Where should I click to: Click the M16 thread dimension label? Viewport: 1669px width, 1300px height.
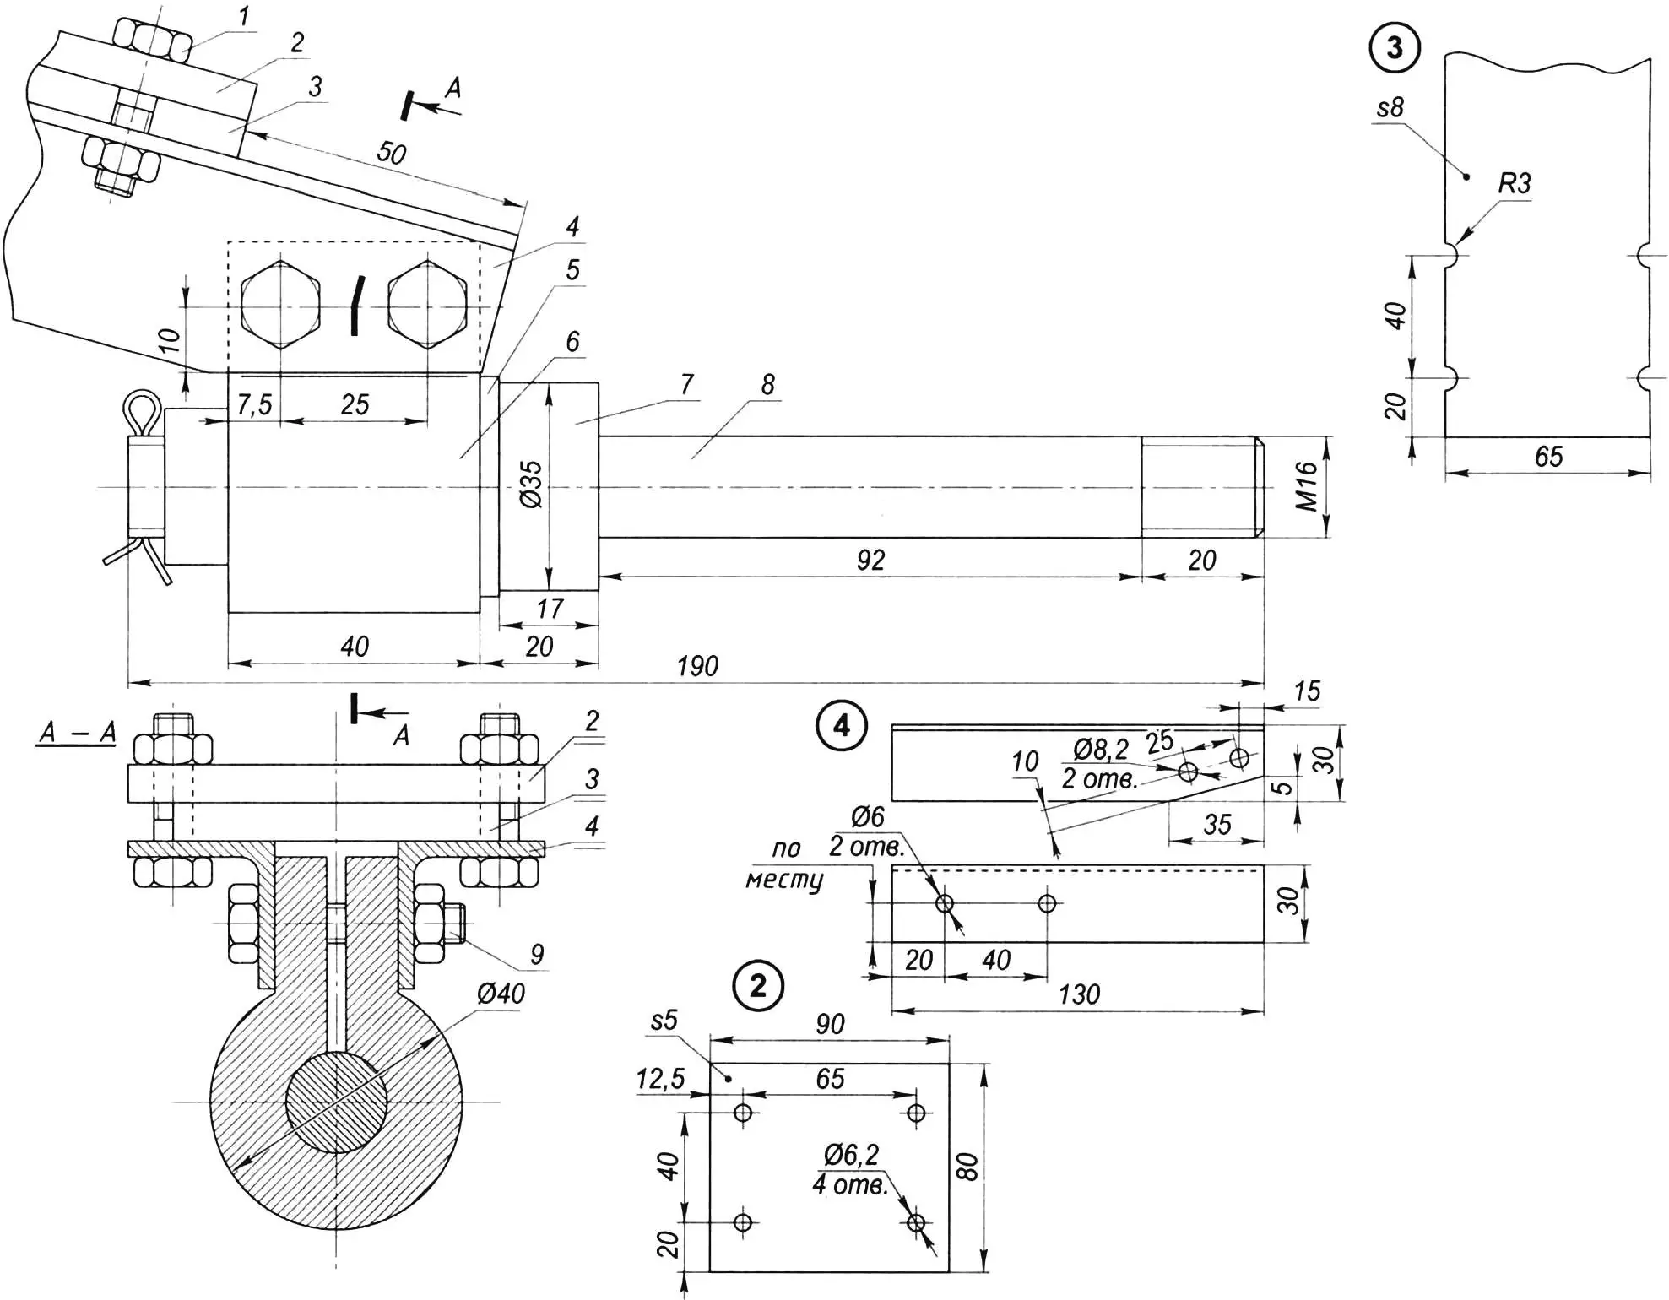[x=1306, y=486]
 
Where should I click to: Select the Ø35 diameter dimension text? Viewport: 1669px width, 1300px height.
[x=531, y=485]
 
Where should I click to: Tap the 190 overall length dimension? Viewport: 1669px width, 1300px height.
[x=697, y=667]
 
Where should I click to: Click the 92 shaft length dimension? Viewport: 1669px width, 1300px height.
[x=870, y=561]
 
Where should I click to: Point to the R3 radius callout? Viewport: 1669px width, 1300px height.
[x=1514, y=183]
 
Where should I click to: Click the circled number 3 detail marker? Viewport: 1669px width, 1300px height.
[x=1394, y=47]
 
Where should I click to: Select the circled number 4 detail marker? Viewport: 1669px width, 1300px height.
[x=842, y=725]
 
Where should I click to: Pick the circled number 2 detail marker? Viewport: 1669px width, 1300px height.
[x=758, y=985]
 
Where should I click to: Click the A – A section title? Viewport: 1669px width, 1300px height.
[x=77, y=733]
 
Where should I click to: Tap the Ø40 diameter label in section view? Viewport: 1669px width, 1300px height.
[x=501, y=994]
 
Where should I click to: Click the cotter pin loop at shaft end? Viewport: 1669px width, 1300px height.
[x=142, y=411]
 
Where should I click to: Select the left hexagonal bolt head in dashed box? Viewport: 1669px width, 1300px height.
[x=280, y=306]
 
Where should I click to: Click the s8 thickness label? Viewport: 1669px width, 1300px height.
[x=1390, y=108]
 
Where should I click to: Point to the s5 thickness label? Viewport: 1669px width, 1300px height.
[x=664, y=1021]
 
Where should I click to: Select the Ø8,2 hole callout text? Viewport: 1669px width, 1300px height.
[x=1100, y=749]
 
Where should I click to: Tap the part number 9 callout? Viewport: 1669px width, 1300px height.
[x=537, y=955]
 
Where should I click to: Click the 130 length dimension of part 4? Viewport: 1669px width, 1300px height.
[x=1079, y=994]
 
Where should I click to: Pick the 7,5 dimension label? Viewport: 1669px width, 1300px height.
[x=254, y=405]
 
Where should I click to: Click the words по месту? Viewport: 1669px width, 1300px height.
[x=785, y=864]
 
